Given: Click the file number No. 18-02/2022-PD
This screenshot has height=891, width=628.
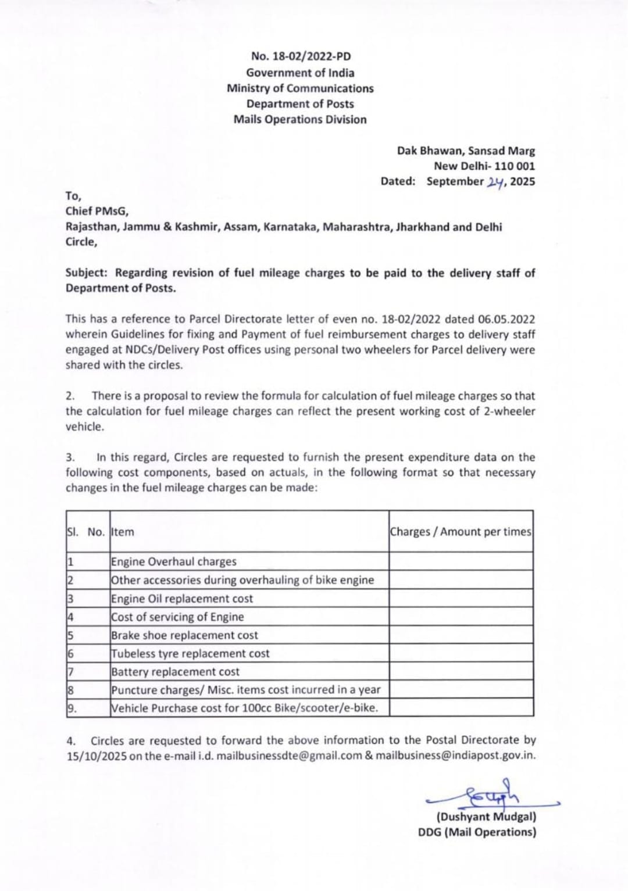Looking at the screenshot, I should [301, 56].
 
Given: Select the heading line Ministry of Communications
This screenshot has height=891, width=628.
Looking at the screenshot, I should [300, 88].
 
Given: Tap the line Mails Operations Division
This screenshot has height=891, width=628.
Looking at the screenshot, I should [300, 120].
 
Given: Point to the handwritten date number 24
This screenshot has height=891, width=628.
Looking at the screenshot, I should [495, 182].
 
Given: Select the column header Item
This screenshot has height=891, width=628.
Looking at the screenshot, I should [123, 532].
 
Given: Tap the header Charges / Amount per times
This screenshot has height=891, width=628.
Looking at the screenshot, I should [461, 532].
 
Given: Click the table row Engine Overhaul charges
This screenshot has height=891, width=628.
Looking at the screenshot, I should [174, 561].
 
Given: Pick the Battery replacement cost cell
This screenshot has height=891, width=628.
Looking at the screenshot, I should [175, 672].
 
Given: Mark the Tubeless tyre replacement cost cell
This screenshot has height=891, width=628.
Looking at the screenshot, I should [190, 653].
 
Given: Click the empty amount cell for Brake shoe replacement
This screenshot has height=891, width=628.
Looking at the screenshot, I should [461, 635].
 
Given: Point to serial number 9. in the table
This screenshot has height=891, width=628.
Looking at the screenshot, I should [72, 708].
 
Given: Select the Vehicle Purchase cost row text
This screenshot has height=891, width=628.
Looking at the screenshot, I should [244, 708].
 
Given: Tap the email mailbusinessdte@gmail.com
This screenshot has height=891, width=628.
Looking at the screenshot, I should [289, 756].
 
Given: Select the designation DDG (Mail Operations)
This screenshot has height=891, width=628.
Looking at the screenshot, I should [477, 832].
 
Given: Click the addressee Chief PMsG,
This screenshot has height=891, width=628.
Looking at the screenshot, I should [97, 212].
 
